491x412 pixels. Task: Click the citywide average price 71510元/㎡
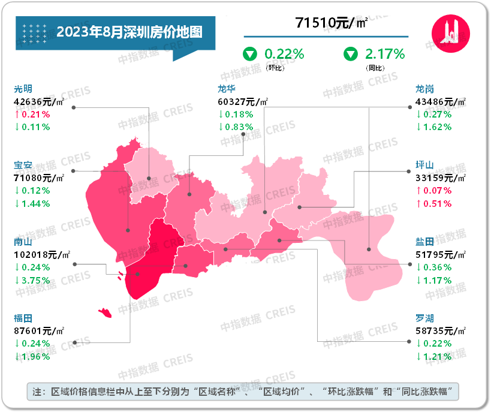332,23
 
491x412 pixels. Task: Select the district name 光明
23,89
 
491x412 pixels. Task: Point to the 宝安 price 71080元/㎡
40,178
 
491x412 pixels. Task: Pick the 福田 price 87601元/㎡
40,330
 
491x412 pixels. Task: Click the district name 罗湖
425,318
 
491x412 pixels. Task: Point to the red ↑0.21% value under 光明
32,114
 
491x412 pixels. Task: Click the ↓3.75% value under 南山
32,280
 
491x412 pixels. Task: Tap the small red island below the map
105,313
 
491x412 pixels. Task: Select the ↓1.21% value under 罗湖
434,356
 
